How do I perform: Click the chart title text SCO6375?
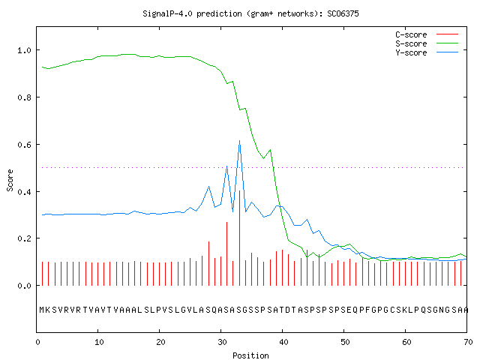point(343,13)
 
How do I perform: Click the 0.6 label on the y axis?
point(24,145)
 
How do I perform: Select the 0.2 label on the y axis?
point(24,238)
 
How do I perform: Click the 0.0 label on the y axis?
point(24,286)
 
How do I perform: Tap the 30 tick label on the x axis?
point(222,342)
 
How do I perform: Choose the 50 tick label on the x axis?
point(345,342)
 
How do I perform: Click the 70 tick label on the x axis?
point(468,342)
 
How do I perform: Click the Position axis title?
point(250,355)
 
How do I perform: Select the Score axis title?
point(10,180)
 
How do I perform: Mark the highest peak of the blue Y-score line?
point(240,140)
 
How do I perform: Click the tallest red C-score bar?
point(240,238)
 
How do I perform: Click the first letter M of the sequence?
point(42,310)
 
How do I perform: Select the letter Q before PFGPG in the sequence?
point(355,310)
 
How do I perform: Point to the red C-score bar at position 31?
point(226,253)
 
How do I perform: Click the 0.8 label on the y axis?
point(24,97)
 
